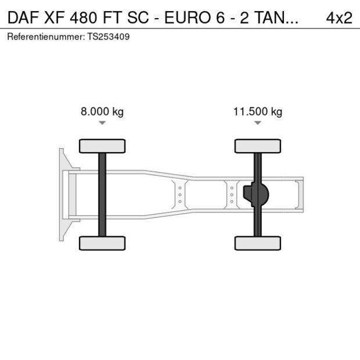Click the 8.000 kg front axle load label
click(102, 112)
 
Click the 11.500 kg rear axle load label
click(258, 112)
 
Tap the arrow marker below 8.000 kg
click(102, 123)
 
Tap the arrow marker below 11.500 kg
click(258, 123)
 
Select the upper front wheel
click(102, 146)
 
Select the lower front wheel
click(102, 243)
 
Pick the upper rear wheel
click(258, 146)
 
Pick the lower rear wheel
click(258, 243)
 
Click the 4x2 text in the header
click(339, 17)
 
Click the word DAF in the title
click(21, 17)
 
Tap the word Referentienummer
click(45, 37)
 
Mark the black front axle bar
click(102, 194)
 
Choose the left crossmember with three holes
click(180, 194)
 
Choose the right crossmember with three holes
click(232, 194)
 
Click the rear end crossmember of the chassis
click(299, 194)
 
